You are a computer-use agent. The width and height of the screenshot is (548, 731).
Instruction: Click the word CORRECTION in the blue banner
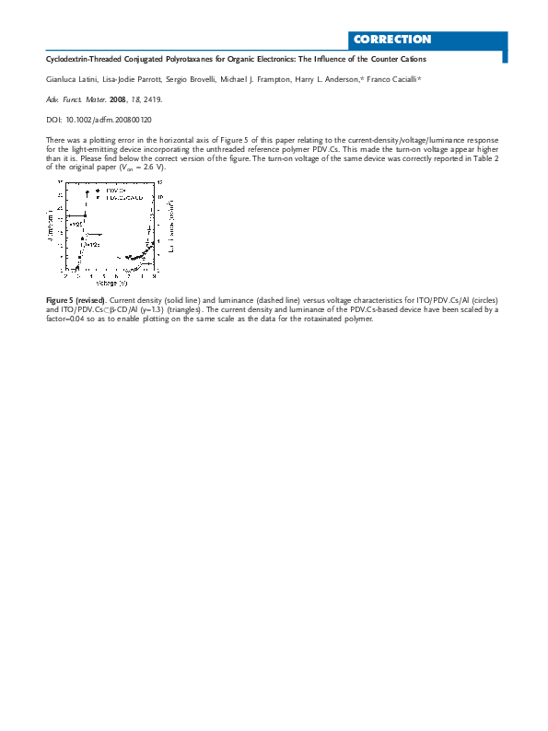click(x=391, y=40)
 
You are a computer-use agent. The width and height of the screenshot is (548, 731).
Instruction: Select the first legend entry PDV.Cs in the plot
click(x=115, y=189)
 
